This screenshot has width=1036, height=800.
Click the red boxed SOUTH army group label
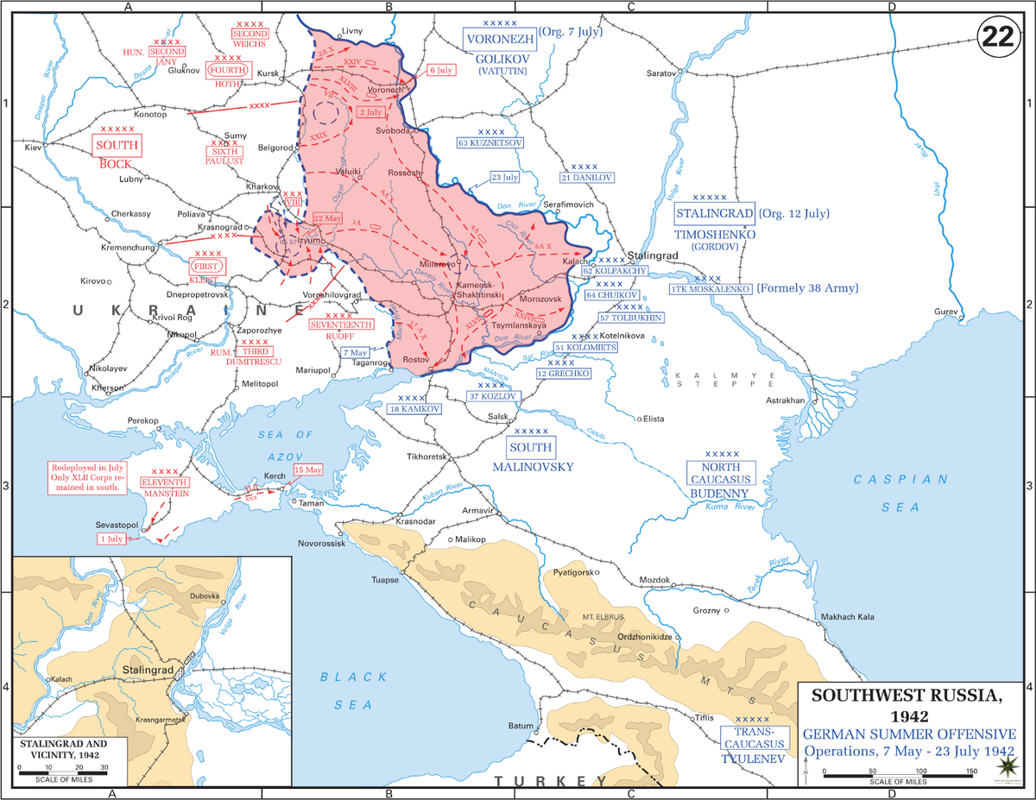(117, 145)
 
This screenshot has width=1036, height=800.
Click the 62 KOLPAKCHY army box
(615, 271)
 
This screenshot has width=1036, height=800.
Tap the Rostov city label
(416, 359)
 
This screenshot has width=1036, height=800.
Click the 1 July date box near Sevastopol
(111, 539)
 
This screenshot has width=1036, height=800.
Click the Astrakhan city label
(787, 401)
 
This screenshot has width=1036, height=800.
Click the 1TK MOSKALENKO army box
(709, 289)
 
